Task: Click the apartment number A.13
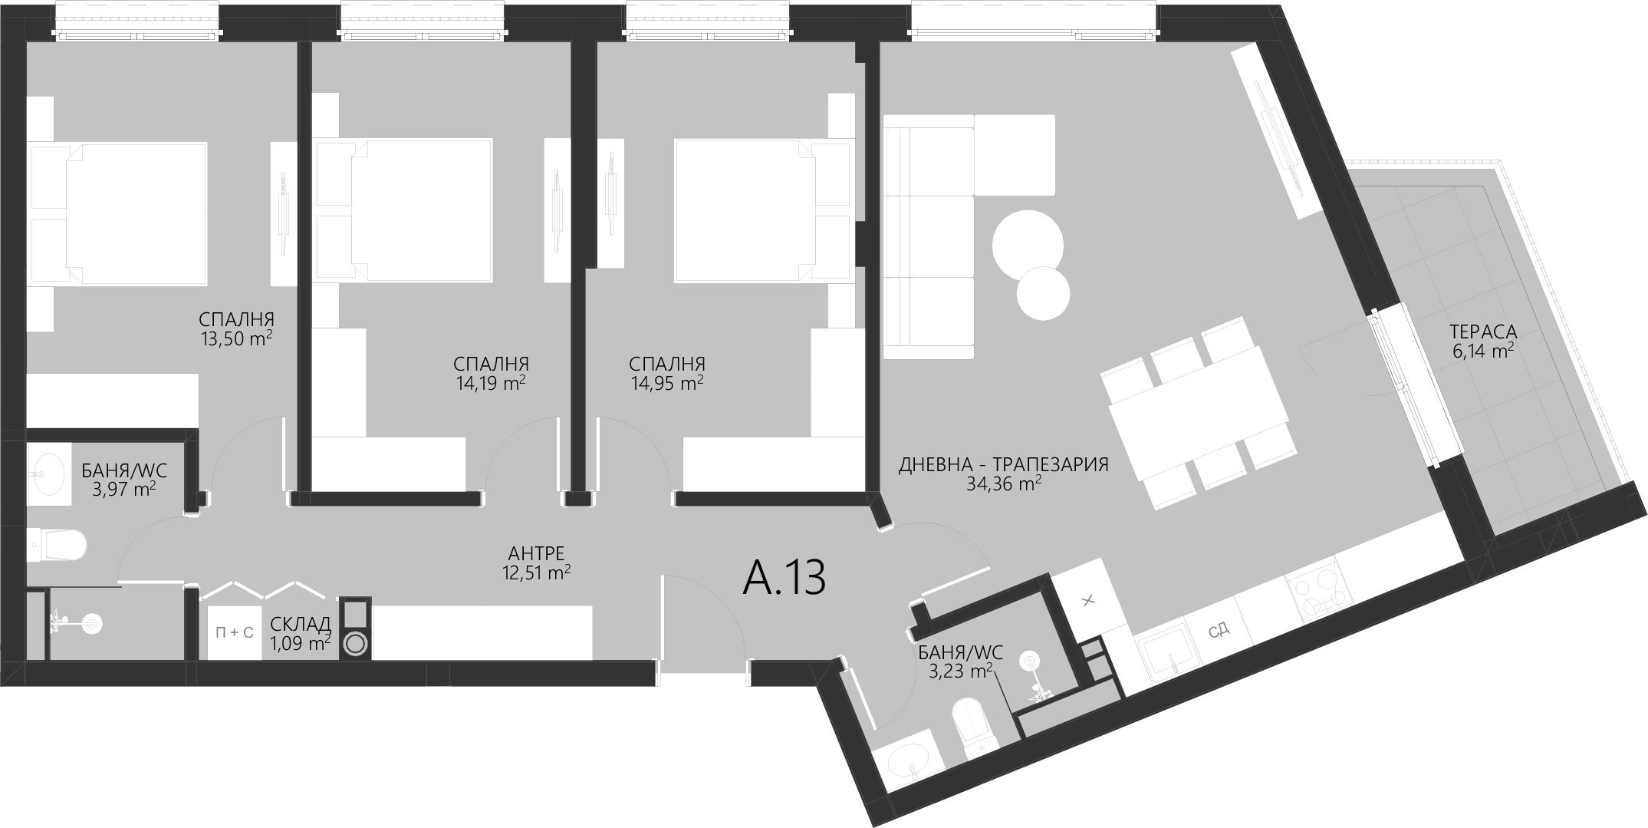click(x=784, y=578)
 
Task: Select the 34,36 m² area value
click(x=1004, y=483)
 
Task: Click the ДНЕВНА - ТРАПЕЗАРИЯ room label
click(x=1004, y=464)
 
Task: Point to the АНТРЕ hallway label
click(x=536, y=553)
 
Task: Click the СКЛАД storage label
click(x=301, y=623)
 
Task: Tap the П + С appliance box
click(x=235, y=632)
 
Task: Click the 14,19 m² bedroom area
click(x=490, y=382)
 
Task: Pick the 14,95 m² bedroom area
click(x=666, y=382)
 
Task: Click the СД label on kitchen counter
click(x=1219, y=631)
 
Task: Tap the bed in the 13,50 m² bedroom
click(x=136, y=213)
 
